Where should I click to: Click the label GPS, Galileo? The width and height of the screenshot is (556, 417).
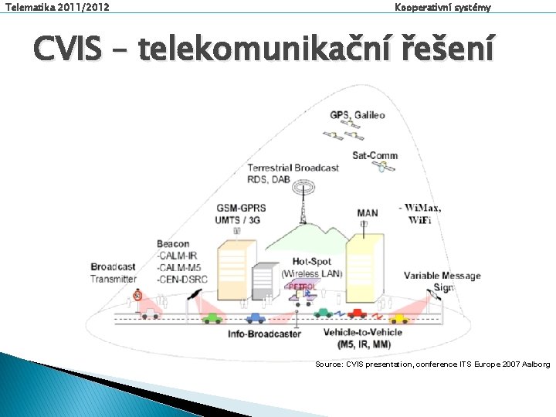357,115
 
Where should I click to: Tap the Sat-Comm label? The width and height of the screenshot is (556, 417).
375,155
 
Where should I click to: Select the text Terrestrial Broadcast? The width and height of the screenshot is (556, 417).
293,168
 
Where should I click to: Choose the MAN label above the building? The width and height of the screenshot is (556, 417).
368,212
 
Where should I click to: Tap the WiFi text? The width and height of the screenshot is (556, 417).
420,220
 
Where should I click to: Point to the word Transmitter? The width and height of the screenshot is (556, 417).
113,279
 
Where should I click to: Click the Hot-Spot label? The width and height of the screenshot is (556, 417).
311,263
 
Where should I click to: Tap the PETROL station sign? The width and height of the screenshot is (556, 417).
301,286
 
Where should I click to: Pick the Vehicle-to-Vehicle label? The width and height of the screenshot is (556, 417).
362,333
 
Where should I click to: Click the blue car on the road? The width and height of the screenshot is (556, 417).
255,317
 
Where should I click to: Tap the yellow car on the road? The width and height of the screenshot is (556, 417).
398,317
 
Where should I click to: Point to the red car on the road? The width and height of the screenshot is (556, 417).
357,314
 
